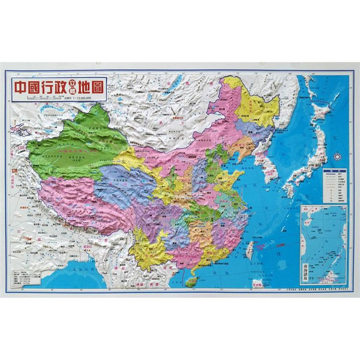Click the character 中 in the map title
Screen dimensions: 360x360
22,88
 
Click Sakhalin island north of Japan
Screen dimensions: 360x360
309,90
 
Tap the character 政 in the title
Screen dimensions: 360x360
63,88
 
